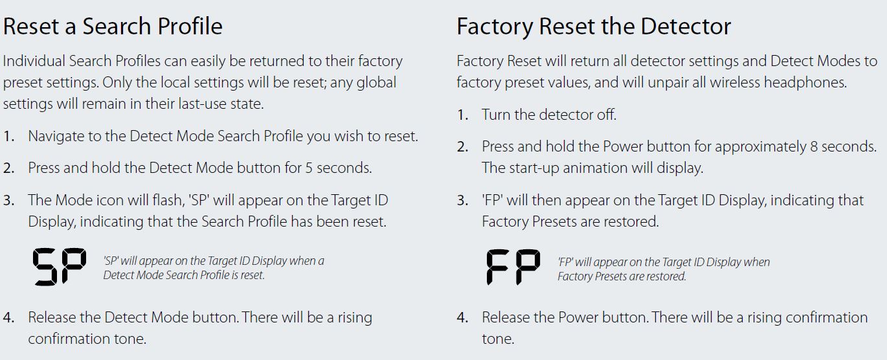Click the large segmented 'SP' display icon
pos(60,266)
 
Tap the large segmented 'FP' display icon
pos(513,267)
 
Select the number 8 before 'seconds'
pos(814,147)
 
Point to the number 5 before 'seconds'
pos(309,168)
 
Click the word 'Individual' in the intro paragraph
pos(34,61)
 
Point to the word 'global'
pos(376,82)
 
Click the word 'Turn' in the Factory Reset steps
pos(496,115)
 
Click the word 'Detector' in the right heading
pos(686,27)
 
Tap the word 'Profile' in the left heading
pos(190,27)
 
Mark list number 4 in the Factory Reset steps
pos(462,318)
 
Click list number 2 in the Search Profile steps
pos(8,168)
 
